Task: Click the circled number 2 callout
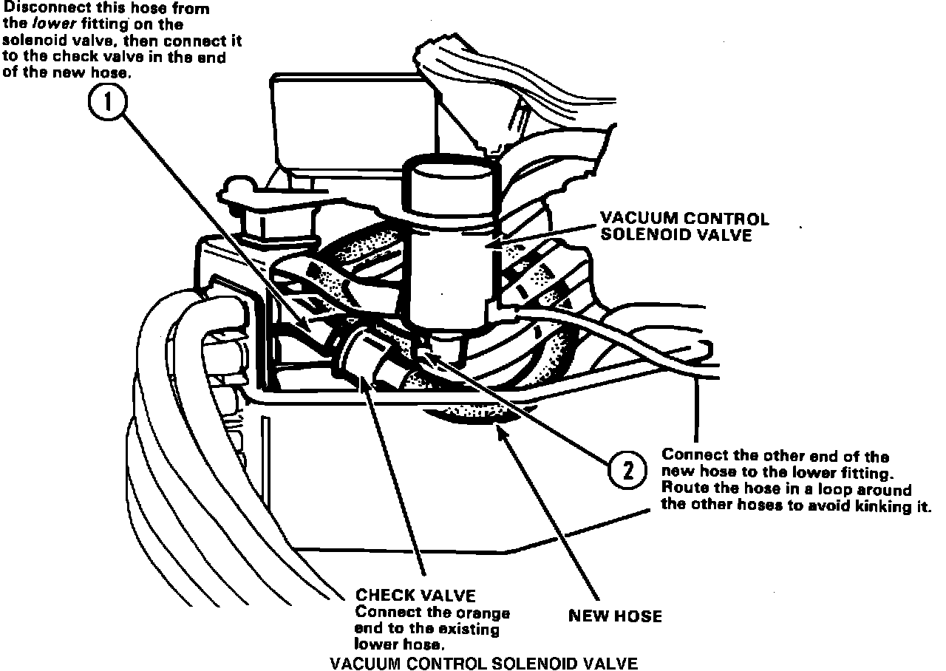(627, 470)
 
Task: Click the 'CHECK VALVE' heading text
(416, 596)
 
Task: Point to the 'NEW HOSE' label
(615, 616)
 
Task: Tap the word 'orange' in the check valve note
(486, 613)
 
